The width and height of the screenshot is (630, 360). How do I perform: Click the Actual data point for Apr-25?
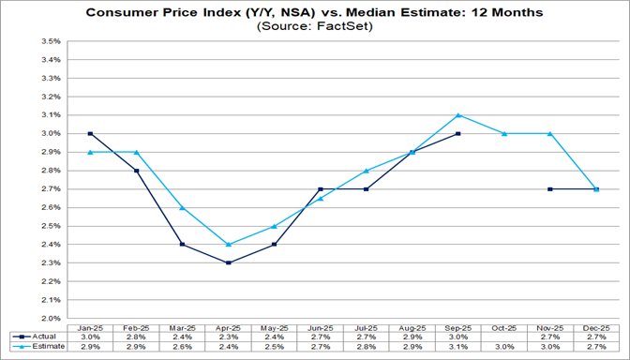[228, 262]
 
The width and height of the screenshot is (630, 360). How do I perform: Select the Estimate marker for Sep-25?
[458, 115]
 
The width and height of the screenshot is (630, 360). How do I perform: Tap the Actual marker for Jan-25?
[90, 134]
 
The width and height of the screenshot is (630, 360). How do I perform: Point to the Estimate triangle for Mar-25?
[182, 207]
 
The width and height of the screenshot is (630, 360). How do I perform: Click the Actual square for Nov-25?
[550, 189]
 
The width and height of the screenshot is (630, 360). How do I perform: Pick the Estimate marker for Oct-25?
[504, 133]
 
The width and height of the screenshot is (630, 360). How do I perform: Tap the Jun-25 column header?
[320, 326]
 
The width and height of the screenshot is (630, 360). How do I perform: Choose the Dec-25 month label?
[596, 326]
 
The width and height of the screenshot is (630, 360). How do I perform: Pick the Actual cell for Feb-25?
[136, 336]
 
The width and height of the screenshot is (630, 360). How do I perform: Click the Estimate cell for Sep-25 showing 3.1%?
[458, 347]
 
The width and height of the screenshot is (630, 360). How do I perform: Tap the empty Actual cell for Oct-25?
[504, 336]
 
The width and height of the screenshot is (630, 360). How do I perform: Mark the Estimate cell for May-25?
[274, 347]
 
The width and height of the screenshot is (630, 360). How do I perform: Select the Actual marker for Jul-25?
[366, 189]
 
